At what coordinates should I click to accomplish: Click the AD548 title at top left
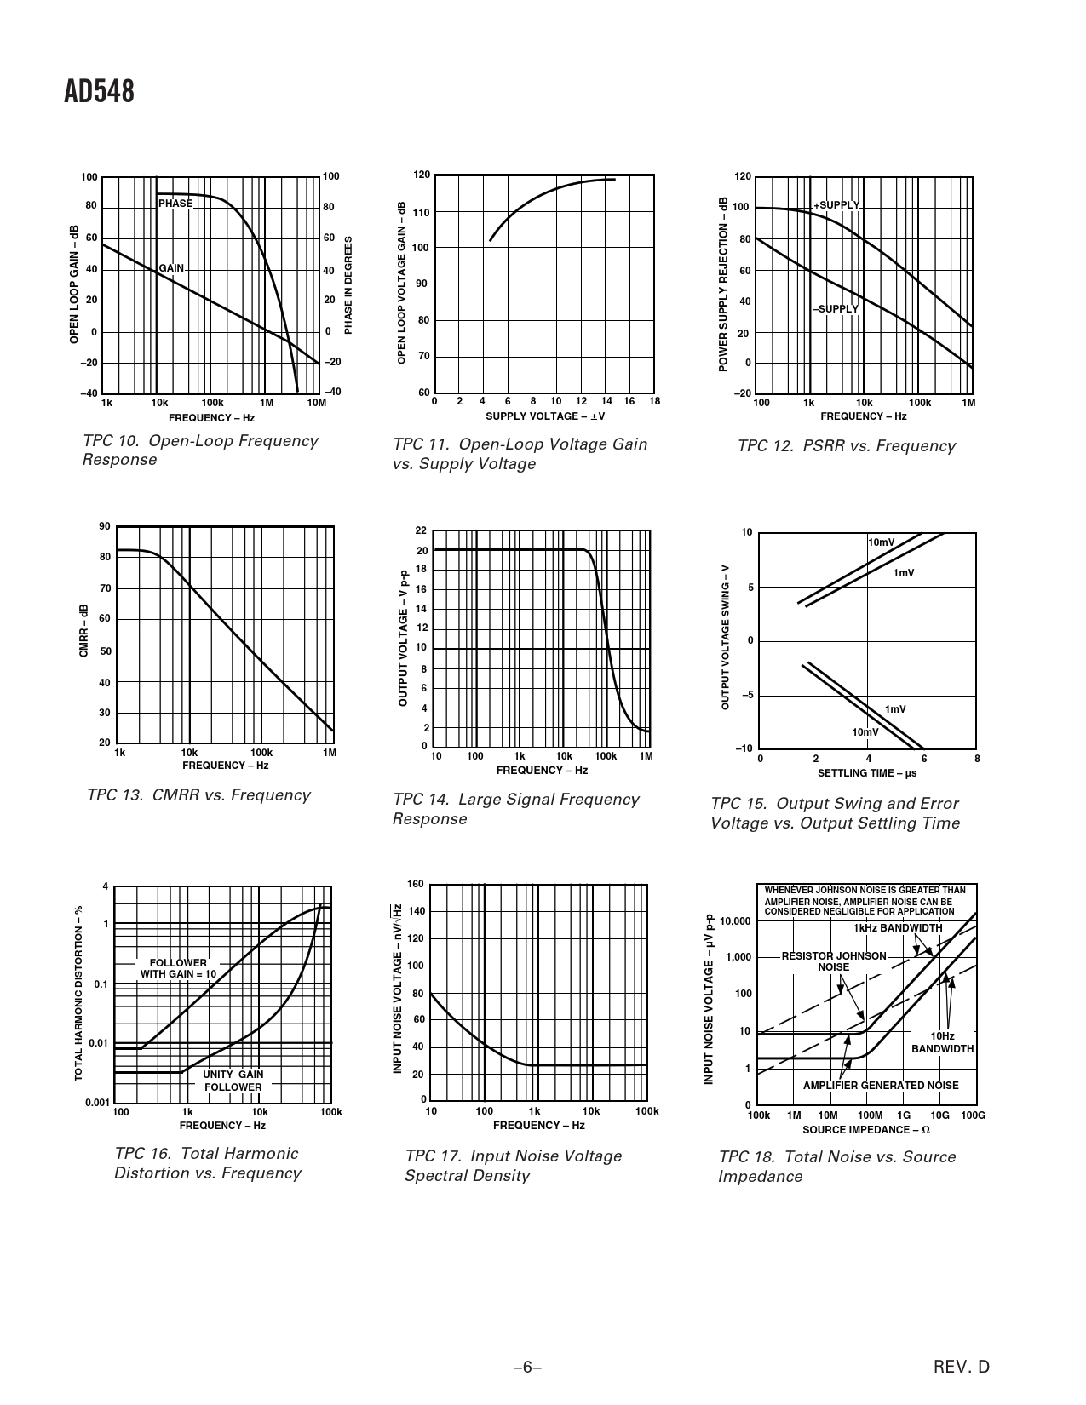(99, 92)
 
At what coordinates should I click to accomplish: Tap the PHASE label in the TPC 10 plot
(175, 204)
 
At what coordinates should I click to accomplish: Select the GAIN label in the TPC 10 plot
(171, 268)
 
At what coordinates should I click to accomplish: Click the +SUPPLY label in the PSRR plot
(836, 206)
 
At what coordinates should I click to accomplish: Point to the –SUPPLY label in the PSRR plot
(835, 308)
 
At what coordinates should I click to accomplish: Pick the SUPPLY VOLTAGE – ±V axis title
(545, 416)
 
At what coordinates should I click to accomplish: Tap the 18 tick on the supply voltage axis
(654, 401)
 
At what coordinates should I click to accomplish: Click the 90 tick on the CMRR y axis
(105, 526)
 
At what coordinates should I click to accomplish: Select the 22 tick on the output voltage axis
(421, 531)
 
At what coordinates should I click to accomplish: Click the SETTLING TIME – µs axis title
(867, 773)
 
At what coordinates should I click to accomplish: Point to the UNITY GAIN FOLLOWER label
(233, 1081)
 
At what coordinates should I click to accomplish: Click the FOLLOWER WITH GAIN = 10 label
(178, 968)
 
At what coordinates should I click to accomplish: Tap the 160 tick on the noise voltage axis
(416, 884)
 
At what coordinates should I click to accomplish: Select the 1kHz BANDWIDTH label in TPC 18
(898, 927)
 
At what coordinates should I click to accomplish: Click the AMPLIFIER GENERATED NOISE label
(881, 1086)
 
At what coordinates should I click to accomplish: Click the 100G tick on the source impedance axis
(973, 1115)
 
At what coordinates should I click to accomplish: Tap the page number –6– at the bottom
(527, 1368)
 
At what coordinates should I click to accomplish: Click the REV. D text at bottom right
(962, 1368)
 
